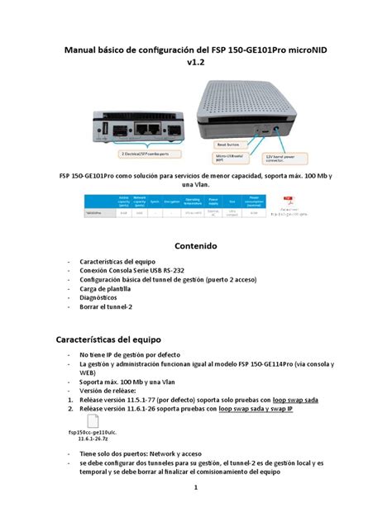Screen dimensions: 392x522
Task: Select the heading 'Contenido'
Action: pos(195,245)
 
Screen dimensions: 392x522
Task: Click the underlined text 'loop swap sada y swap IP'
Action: pos(269,408)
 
